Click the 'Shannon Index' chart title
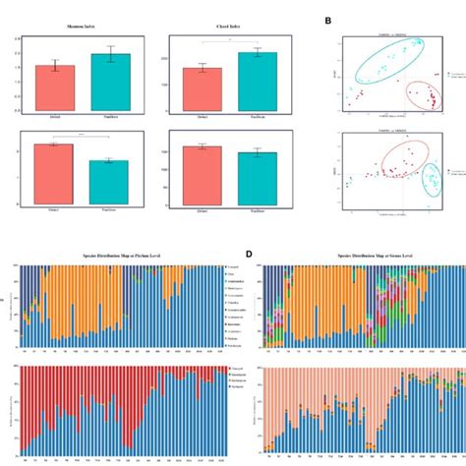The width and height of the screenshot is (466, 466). point(82,29)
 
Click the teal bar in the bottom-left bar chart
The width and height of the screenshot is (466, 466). point(109,183)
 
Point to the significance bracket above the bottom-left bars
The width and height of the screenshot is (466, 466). point(82,136)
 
